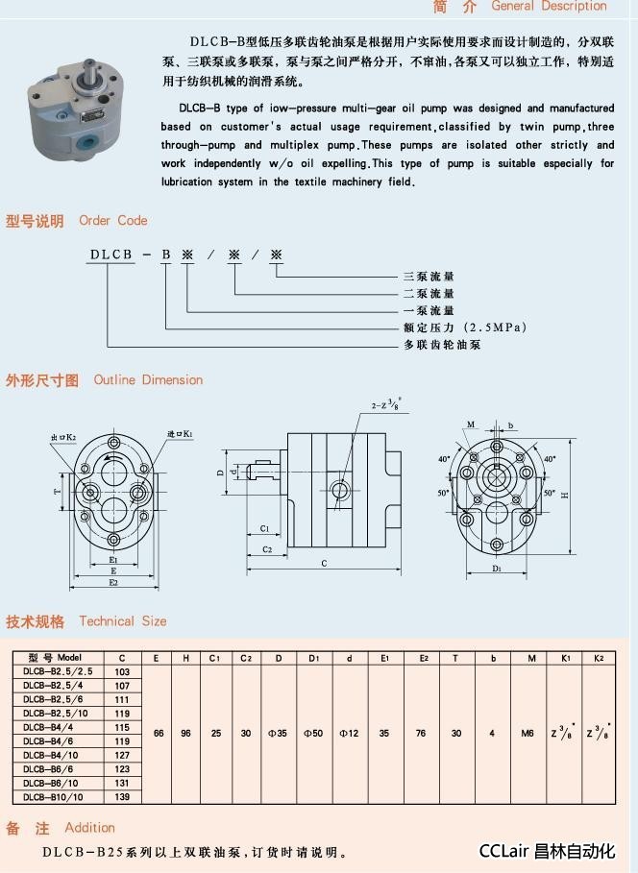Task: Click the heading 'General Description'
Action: click(549, 6)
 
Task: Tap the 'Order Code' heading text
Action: click(113, 220)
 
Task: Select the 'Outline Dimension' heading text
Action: click(148, 379)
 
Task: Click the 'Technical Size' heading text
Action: click(122, 620)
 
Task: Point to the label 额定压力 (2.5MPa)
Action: click(464, 327)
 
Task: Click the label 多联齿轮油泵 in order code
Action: click(441, 344)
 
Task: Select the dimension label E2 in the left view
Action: click(112, 582)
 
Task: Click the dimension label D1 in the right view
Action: click(497, 569)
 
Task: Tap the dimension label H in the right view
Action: click(566, 496)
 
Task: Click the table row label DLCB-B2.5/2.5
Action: click(59, 671)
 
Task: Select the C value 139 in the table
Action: click(122, 796)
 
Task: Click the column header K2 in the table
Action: click(599, 658)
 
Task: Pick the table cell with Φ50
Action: click(313, 733)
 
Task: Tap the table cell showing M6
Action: click(528, 733)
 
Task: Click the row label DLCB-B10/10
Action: click(54, 796)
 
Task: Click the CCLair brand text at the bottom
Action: click(546, 851)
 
